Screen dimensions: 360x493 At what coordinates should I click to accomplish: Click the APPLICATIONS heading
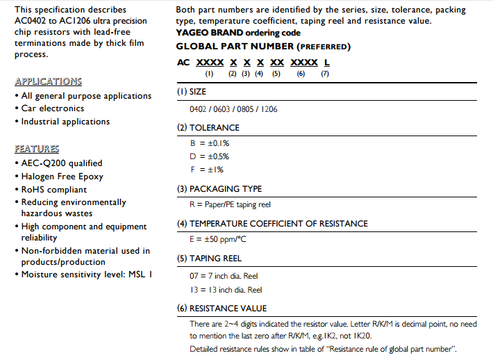click(x=48, y=81)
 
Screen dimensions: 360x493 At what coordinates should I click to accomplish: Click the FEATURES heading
click(x=37, y=149)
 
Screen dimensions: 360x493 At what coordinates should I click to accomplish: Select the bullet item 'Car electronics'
click(x=52, y=108)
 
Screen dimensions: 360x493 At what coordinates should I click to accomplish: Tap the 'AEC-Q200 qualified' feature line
click(x=61, y=163)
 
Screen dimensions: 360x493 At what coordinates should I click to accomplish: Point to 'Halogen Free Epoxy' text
click(x=62, y=177)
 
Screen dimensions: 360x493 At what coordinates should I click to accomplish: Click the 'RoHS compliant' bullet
click(x=53, y=189)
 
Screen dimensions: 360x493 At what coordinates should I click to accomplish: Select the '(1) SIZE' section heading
click(x=201, y=92)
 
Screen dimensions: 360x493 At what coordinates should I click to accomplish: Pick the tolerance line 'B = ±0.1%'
click(x=209, y=143)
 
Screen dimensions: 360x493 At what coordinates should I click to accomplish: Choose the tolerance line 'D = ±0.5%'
click(x=209, y=156)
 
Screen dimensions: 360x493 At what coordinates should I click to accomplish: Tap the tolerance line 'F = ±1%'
click(x=206, y=170)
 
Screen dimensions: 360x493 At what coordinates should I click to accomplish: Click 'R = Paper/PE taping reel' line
click(x=230, y=204)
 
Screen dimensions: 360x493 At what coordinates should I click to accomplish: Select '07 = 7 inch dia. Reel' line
click(x=224, y=276)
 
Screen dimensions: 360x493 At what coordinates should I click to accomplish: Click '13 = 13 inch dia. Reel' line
click(x=225, y=290)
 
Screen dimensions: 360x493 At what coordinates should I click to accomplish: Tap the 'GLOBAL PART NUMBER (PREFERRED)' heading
click(x=263, y=47)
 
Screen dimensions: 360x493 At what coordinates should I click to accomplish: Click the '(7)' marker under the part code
click(x=324, y=74)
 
